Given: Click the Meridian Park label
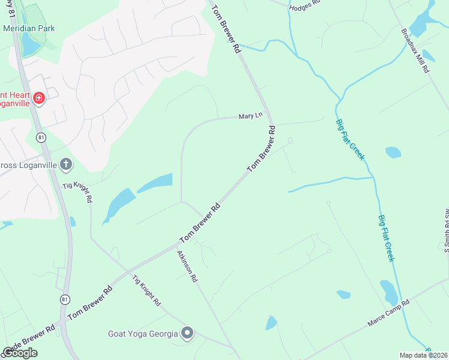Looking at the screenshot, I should tap(29, 28).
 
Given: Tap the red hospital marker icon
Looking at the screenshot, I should tap(38, 98).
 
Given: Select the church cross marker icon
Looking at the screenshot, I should tap(66, 164).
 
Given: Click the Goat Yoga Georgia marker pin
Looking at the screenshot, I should tap(187, 333).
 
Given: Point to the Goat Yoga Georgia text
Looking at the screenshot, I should tap(143, 334).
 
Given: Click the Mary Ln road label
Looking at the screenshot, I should tap(251, 115).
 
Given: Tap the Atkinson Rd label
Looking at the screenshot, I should tap(187, 266).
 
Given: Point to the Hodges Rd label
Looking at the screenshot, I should tap(305, 7).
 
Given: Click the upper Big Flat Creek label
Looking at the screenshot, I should tap(350, 139).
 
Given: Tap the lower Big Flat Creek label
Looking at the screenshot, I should tap(386, 238).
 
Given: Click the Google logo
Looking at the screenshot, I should tap(20, 352).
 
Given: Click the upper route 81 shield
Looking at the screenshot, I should tap(41, 137).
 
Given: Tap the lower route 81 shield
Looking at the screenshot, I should tap(65, 299).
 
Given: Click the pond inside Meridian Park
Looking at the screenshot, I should tap(29, 43).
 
